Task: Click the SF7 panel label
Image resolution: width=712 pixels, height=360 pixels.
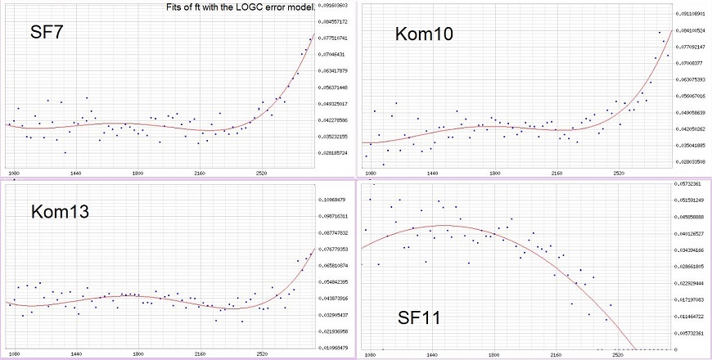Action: pos(47,33)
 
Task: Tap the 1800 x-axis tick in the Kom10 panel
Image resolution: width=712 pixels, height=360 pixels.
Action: pos(494,174)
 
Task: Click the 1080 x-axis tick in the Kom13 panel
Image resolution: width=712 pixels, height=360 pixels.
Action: pos(14,355)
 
